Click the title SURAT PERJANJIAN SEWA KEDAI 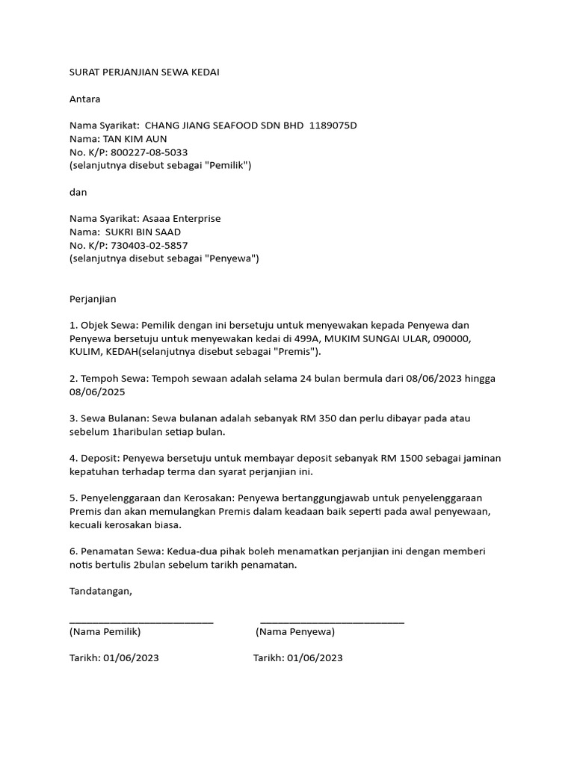145,72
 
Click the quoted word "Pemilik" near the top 227,165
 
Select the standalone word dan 78,192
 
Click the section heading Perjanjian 93,299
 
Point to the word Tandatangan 100,591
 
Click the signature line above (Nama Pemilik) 141,621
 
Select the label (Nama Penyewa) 295,631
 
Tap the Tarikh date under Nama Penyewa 315,658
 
